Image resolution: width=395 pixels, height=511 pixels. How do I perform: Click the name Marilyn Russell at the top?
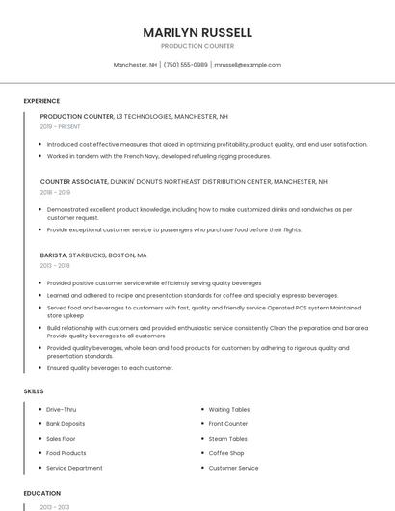[x=197, y=32]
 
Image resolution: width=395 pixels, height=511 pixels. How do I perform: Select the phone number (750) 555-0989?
[x=185, y=65]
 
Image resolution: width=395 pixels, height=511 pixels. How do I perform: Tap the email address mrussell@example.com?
[x=248, y=65]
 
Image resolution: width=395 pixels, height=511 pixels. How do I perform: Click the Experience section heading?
[x=41, y=101]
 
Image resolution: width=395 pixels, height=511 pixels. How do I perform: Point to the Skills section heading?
[x=33, y=391]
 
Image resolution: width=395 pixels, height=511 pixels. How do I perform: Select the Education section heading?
[x=41, y=493]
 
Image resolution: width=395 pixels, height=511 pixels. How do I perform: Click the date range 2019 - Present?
[x=61, y=126]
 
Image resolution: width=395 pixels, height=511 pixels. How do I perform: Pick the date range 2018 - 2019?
[x=55, y=192]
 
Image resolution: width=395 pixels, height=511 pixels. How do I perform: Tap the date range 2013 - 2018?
[x=55, y=266]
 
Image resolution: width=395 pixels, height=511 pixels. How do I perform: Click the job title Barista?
[x=53, y=255]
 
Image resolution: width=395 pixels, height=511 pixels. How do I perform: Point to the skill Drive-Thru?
[x=61, y=410]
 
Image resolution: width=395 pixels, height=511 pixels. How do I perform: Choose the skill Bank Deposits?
[x=66, y=424]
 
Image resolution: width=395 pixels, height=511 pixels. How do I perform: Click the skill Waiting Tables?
[x=229, y=410]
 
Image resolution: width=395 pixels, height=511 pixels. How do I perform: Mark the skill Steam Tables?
[x=227, y=439]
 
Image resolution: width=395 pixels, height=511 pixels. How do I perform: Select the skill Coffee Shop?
[x=226, y=453]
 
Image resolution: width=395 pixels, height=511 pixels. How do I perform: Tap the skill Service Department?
[x=74, y=468]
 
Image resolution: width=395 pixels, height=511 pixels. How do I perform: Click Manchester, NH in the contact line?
[x=135, y=65]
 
